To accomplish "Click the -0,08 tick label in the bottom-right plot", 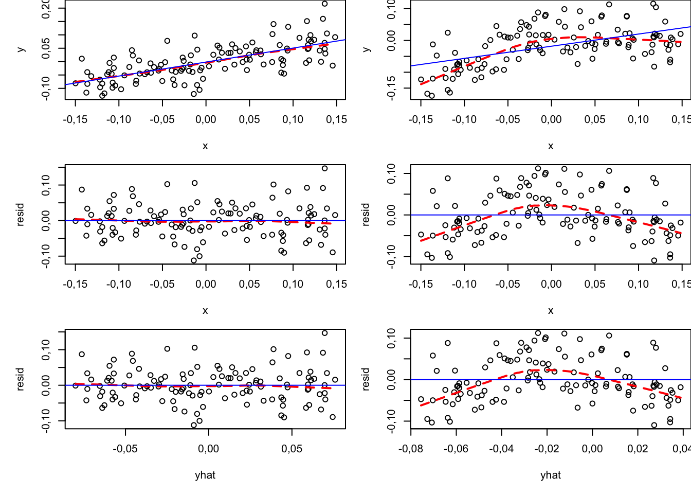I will pos(410,449).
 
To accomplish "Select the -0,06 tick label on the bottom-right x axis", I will pos(456,449).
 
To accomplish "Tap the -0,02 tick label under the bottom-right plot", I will pos(547,449).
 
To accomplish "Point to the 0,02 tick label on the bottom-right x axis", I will pos(638,449).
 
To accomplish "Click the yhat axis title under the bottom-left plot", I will pos(205,475).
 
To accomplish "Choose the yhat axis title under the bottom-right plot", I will pos(551,475).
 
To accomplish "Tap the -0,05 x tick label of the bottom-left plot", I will pos(125,449).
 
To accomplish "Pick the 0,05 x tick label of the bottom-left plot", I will pos(292,449).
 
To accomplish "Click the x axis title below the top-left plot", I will pos(205,146).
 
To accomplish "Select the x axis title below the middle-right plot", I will pos(551,311).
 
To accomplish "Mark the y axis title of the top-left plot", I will pos(21,49).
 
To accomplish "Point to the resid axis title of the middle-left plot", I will pos(21,215).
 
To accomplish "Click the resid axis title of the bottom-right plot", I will pos(366,380).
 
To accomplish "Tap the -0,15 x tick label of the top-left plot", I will pos(75,119).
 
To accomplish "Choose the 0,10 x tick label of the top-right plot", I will pos(639,119).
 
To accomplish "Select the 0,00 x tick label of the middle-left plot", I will pos(206,284).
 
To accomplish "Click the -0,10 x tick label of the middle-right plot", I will pos(464,284).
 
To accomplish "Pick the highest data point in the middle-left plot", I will pos(325,168).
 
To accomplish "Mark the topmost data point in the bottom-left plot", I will pos(325,333).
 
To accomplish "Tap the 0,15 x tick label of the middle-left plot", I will pos(336,284).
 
